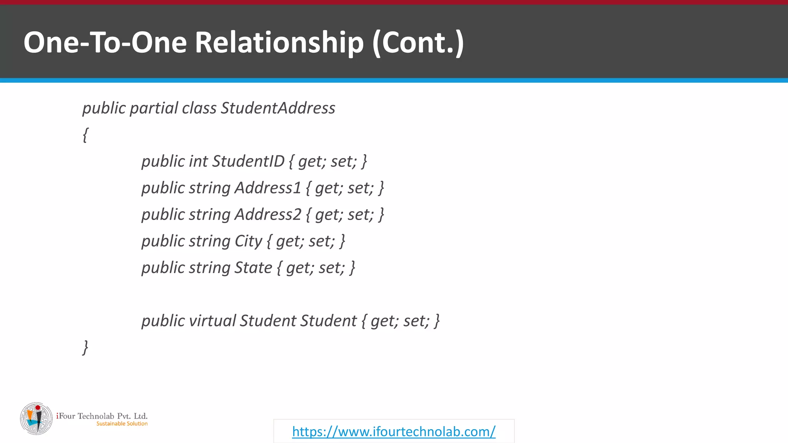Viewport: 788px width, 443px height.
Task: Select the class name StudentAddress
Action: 278,108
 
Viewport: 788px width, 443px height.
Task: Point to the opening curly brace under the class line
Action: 85,135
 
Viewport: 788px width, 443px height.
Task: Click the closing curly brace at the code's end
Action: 85,347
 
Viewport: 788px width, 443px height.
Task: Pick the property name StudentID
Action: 248,161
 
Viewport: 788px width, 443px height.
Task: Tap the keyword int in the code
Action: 198,161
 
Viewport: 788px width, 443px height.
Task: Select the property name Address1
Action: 268,188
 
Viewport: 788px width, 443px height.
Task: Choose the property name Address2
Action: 268,214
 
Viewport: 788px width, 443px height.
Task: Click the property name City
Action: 248,241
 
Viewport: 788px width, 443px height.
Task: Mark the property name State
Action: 253,268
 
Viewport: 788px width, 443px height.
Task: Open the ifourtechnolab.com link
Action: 394,431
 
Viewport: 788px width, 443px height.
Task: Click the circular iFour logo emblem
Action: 36,419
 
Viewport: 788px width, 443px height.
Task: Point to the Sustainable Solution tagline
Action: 122,424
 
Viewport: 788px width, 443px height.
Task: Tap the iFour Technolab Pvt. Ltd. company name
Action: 102,416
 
